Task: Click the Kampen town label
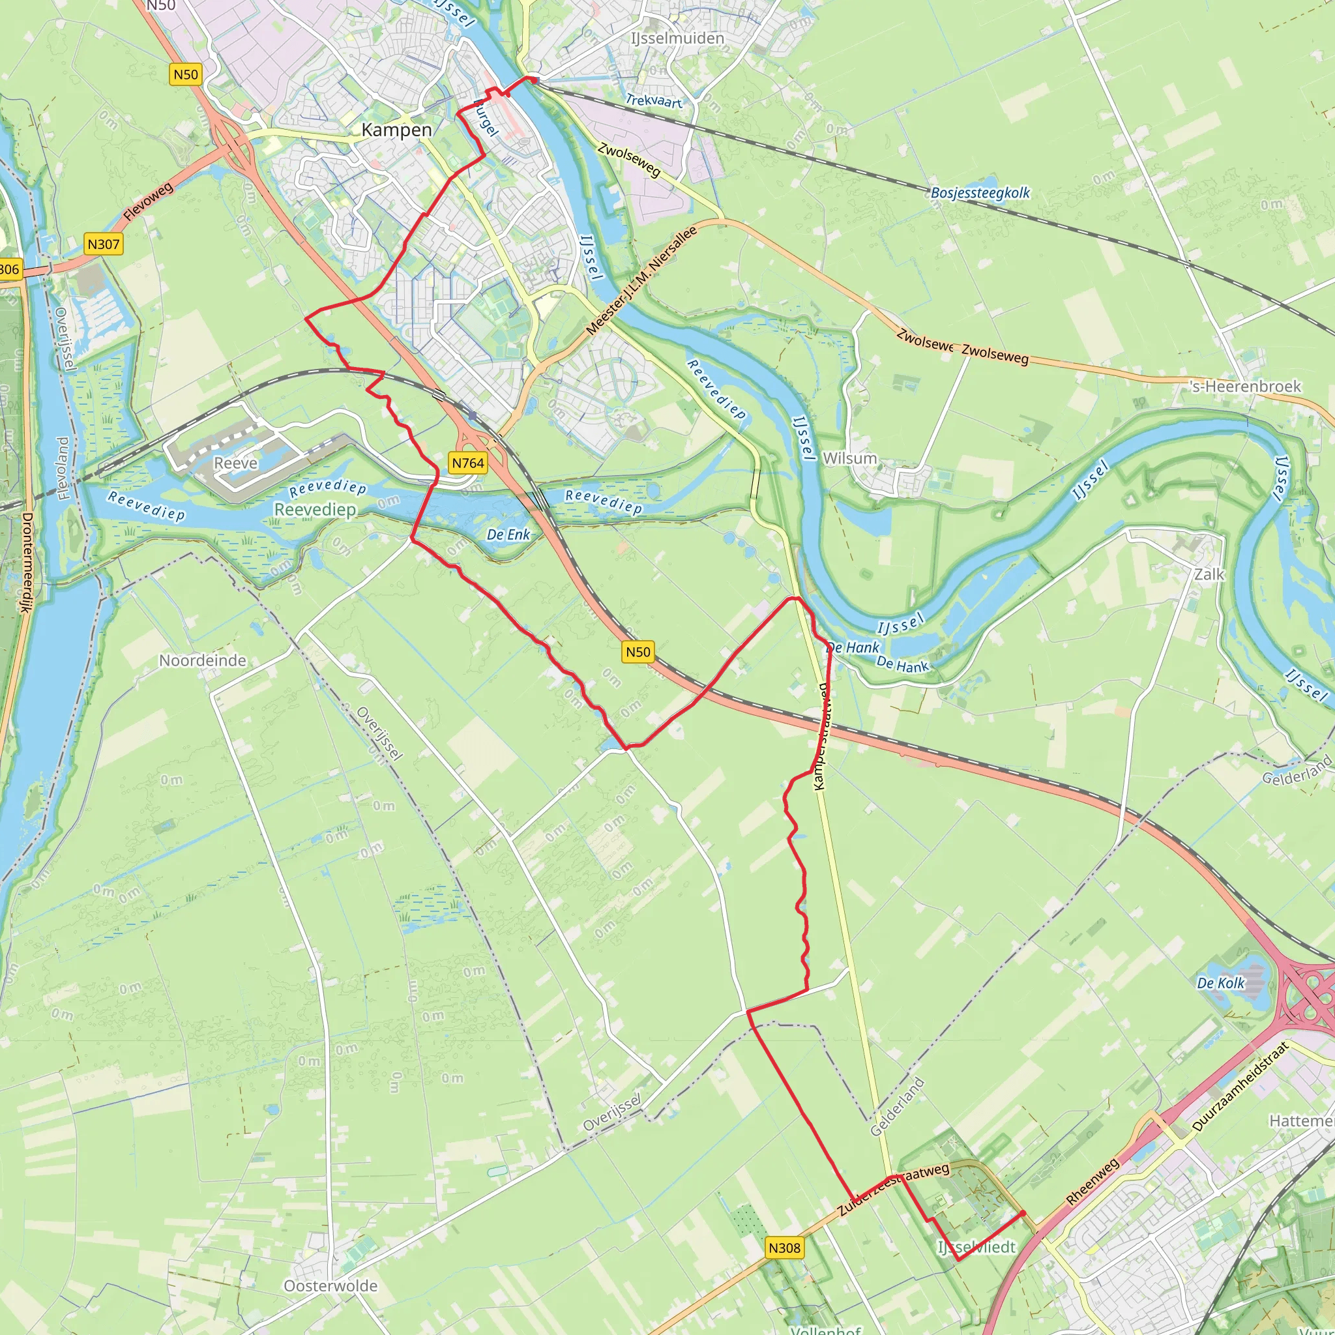coord(396,130)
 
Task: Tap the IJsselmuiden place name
coord(677,38)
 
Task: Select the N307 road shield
coord(104,244)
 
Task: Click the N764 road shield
coord(468,463)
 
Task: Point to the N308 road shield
coord(784,1248)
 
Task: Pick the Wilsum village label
coord(849,458)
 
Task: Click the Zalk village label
coord(1209,574)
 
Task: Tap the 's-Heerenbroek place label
coord(1245,387)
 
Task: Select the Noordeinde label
coord(203,660)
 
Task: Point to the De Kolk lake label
coord(1220,983)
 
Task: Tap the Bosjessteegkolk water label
coord(980,193)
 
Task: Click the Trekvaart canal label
coord(653,101)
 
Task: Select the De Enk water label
coord(508,534)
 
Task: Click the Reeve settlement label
coord(235,463)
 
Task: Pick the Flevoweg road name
coord(149,202)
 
